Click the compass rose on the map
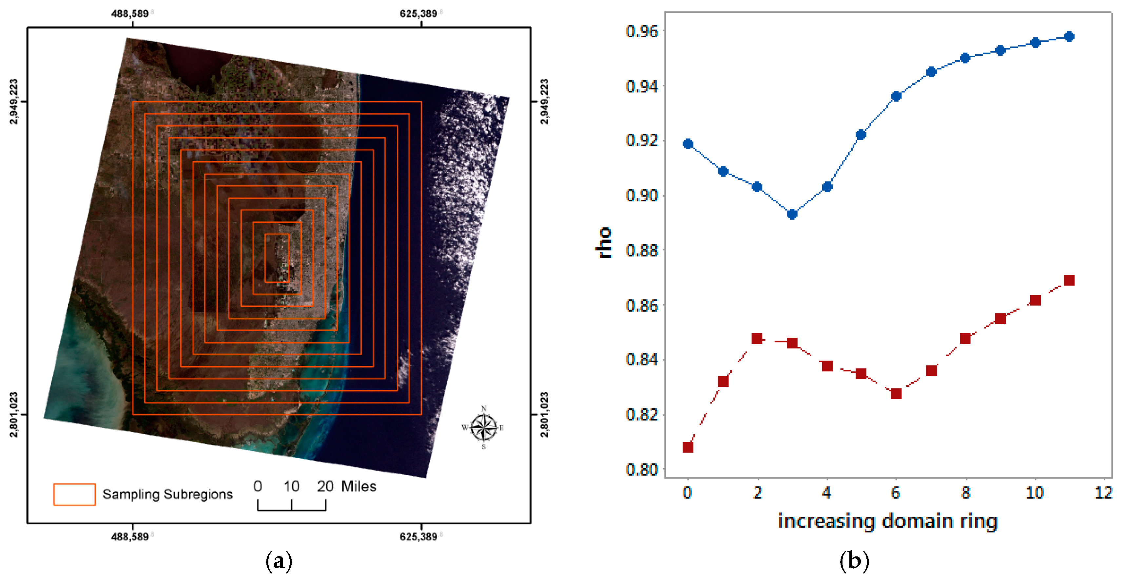[483, 427]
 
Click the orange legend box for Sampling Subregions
[74, 494]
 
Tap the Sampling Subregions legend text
[167, 494]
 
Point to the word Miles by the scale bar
[358, 486]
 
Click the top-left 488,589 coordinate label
[130, 13]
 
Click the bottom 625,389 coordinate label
[418, 536]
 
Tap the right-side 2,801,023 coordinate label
[545, 414]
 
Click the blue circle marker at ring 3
[792, 214]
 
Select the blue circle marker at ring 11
[1069, 37]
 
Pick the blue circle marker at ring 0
[688, 144]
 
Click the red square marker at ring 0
[688, 447]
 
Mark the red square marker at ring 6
[896, 394]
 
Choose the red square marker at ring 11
[1069, 280]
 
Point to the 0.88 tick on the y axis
[641, 250]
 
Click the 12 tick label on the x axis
[1103, 493]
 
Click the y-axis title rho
[604, 243]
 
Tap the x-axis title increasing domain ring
[888, 521]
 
